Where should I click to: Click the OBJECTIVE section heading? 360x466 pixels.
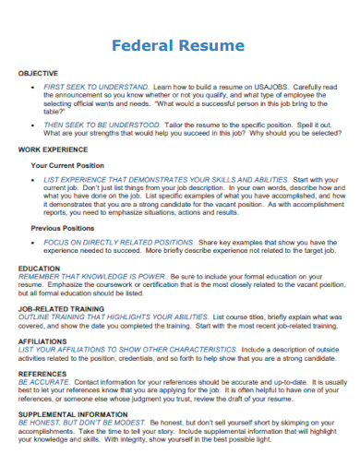point(38,73)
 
